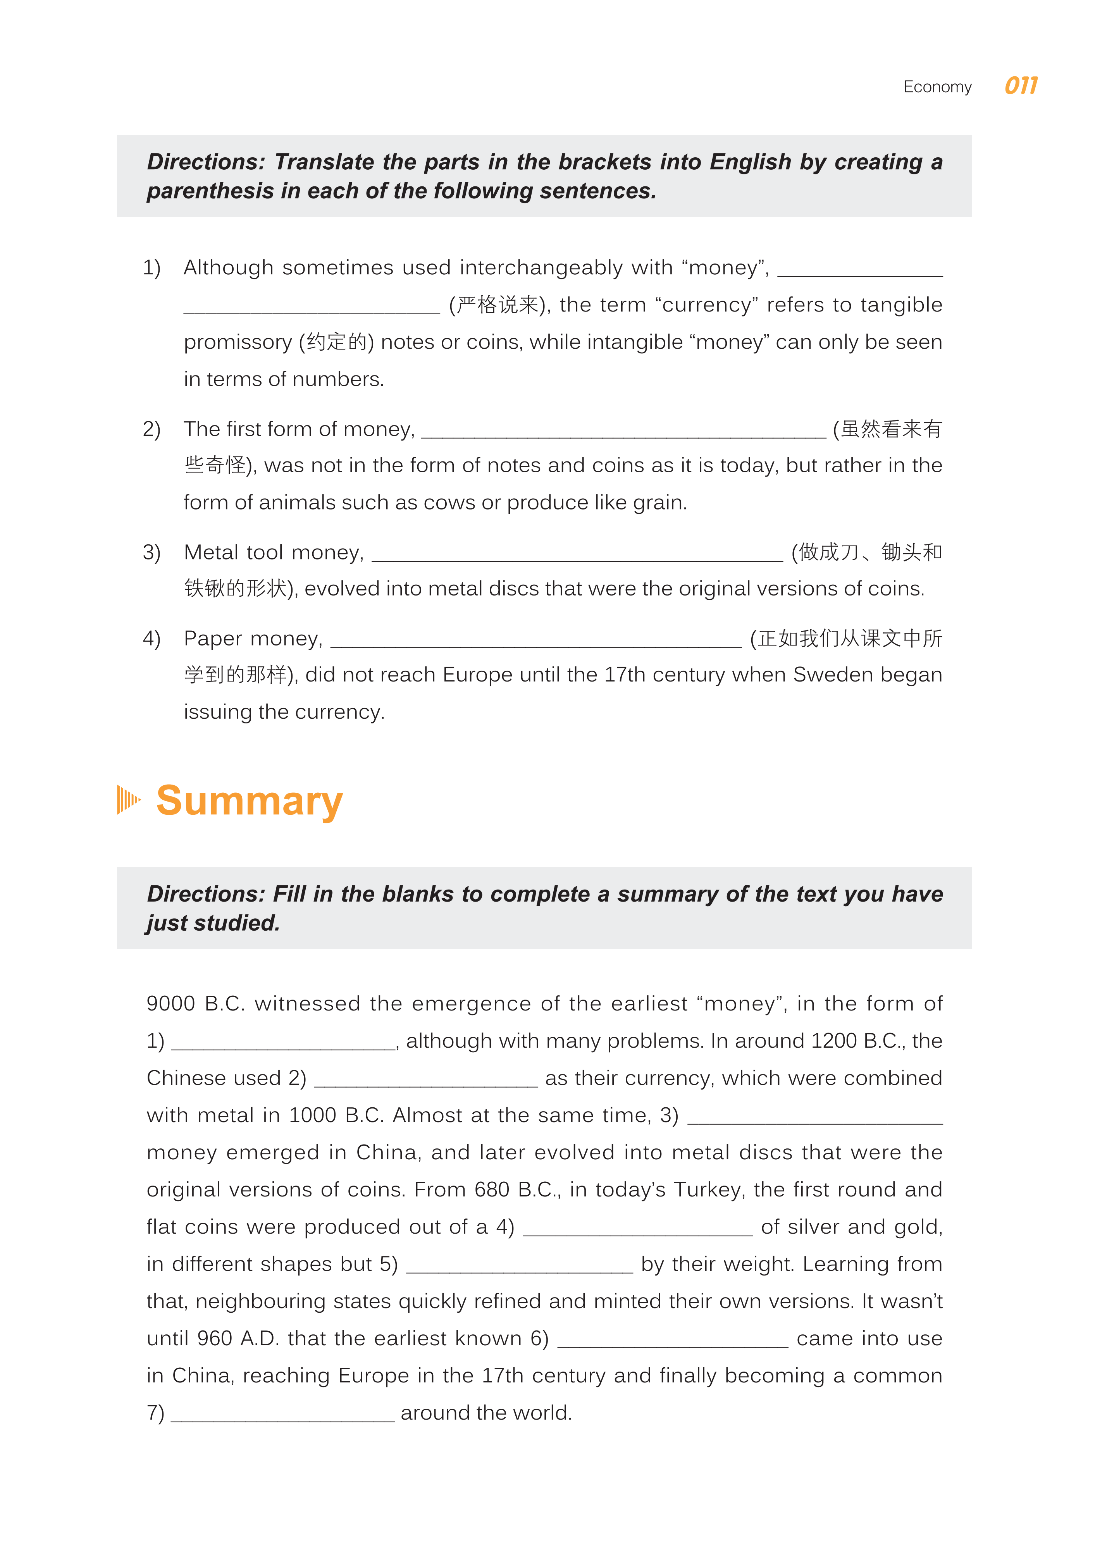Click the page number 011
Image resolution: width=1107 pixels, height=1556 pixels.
click(1021, 86)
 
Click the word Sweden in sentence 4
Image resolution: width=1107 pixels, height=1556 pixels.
click(833, 675)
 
